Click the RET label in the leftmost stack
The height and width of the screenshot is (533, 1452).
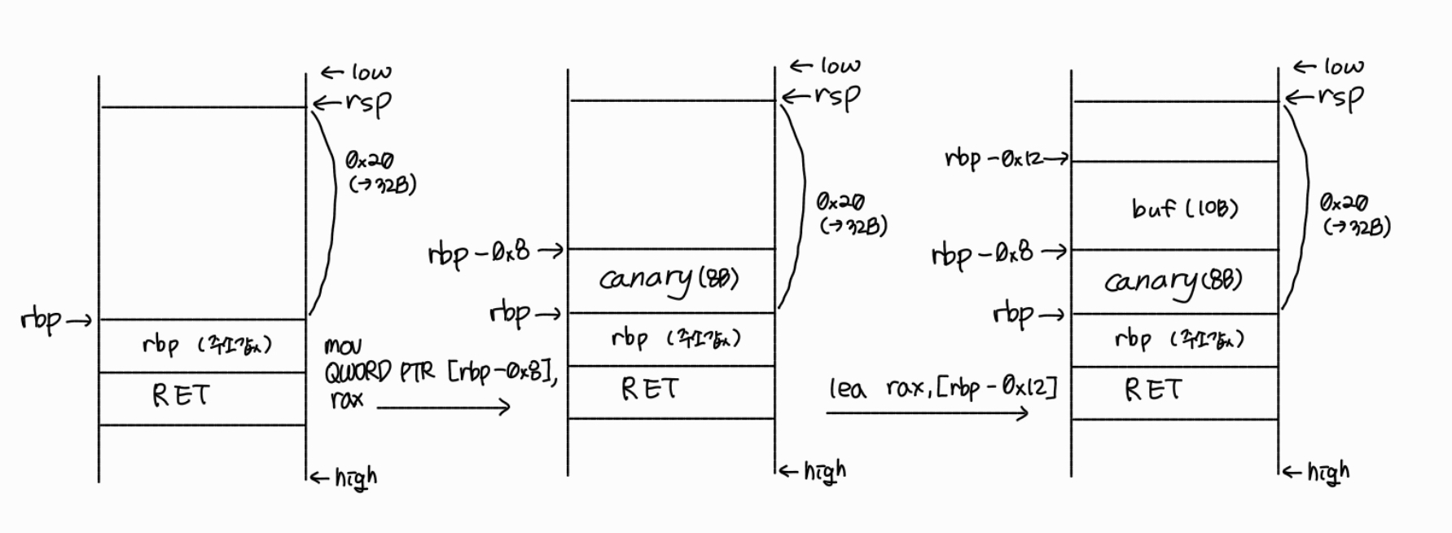[181, 396]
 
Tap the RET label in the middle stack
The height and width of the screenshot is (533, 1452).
[649, 390]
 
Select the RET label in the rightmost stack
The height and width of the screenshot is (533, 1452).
[1153, 390]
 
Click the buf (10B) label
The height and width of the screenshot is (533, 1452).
[1185, 209]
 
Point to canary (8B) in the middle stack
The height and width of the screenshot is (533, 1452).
[669, 280]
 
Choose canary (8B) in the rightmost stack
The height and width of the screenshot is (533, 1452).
[1173, 282]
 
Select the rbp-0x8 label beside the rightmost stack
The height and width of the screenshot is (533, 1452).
[982, 253]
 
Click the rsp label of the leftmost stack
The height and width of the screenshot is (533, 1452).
[368, 104]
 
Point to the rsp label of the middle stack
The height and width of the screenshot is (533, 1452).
[837, 97]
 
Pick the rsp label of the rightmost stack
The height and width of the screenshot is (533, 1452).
[1340, 98]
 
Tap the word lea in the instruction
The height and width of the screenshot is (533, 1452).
[847, 389]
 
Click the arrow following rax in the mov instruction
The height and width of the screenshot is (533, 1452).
[443, 406]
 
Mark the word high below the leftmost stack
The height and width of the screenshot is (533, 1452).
[356, 477]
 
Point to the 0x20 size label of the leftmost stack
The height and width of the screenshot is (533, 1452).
[369, 161]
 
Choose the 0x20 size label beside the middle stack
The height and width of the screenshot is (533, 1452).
[840, 201]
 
